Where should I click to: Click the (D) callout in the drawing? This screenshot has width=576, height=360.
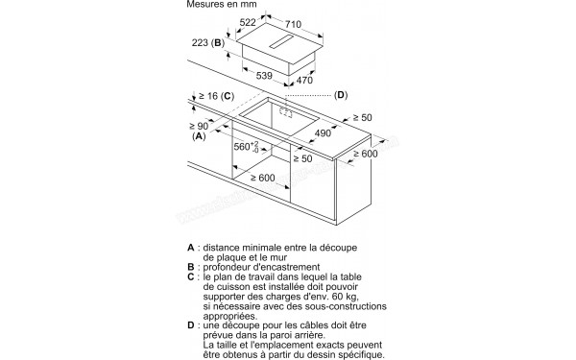[341, 95]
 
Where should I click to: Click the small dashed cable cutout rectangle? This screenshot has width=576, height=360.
[286, 112]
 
